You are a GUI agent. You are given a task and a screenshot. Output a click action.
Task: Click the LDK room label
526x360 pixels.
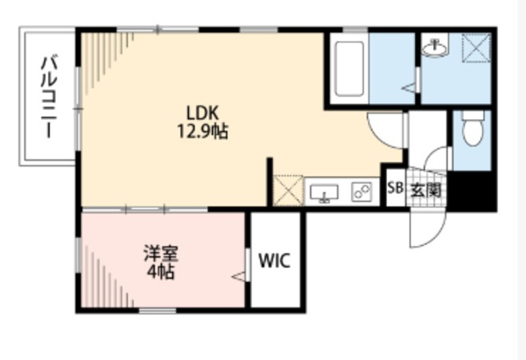[203, 113]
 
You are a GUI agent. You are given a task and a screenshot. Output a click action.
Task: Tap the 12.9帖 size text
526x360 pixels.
[203, 132]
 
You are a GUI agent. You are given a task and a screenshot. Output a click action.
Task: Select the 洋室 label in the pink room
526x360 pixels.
[161, 254]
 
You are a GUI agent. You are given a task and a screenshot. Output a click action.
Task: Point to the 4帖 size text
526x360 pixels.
[161, 271]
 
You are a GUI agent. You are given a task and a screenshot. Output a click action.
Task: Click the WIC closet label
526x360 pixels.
[275, 261]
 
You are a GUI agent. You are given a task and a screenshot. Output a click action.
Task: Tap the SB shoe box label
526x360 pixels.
[395, 188]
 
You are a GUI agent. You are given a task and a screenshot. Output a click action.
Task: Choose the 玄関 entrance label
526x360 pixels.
[426, 191]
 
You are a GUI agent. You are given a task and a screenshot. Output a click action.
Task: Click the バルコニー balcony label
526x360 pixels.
[49, 97]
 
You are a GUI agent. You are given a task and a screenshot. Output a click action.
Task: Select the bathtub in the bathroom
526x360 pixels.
[349, 68]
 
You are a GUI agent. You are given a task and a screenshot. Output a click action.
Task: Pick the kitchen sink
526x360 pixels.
[324, 194]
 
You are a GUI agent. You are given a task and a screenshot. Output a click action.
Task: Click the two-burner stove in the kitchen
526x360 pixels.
[362, 192]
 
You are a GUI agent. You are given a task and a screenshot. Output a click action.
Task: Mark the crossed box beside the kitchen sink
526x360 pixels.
[288, 190]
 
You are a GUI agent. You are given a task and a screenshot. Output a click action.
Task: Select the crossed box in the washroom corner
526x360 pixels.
[477, 48]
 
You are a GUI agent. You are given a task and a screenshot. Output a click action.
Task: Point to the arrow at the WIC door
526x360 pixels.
[238, 277]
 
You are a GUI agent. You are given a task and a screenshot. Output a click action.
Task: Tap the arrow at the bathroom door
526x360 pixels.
[408, 88]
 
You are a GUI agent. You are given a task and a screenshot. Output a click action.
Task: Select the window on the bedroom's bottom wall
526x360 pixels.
[158, 311]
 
